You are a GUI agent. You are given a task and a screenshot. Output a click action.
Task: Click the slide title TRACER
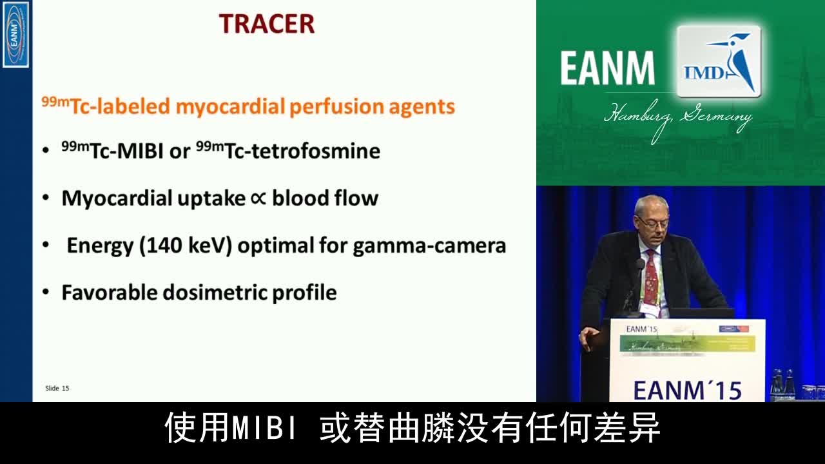[x=267, y=24]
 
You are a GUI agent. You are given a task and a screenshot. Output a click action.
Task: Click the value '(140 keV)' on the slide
[x=186, y=246]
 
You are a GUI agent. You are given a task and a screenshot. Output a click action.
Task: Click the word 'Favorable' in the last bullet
[x=109, y=293]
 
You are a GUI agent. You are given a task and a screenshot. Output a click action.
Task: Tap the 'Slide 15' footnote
[x=57, y=388]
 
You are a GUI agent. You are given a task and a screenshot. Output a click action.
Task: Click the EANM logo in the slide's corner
[x=15, y=34]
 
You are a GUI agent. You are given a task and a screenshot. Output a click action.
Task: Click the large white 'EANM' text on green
[x=607, y=68]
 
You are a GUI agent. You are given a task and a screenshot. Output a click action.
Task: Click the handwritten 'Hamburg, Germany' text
[x=677, y=117]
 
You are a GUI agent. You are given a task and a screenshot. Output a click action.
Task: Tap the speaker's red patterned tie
[x=651, y=277]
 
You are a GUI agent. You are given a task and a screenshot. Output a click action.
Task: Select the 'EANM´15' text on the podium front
[x=687, y=390]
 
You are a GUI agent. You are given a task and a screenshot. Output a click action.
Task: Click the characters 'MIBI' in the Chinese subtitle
[x=266, y=428]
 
